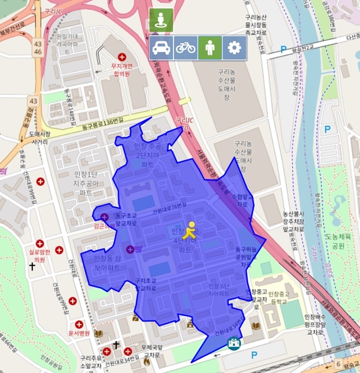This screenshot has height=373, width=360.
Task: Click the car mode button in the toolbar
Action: (161, 48)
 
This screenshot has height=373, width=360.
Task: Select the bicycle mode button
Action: (185, 48)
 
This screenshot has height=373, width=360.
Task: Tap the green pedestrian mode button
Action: (210, 48)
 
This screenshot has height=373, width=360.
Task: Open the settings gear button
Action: (235, 48)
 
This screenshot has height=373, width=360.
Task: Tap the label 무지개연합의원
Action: (123, 69)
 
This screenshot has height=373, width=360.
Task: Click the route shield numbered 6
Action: (338, 364)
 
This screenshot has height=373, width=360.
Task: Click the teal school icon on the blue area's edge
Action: (233, 344)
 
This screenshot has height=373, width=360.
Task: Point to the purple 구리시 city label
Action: (315, 255)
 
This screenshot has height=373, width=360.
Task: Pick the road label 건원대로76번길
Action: (169, 207)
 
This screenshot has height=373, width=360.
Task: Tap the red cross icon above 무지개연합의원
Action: (122, 57)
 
